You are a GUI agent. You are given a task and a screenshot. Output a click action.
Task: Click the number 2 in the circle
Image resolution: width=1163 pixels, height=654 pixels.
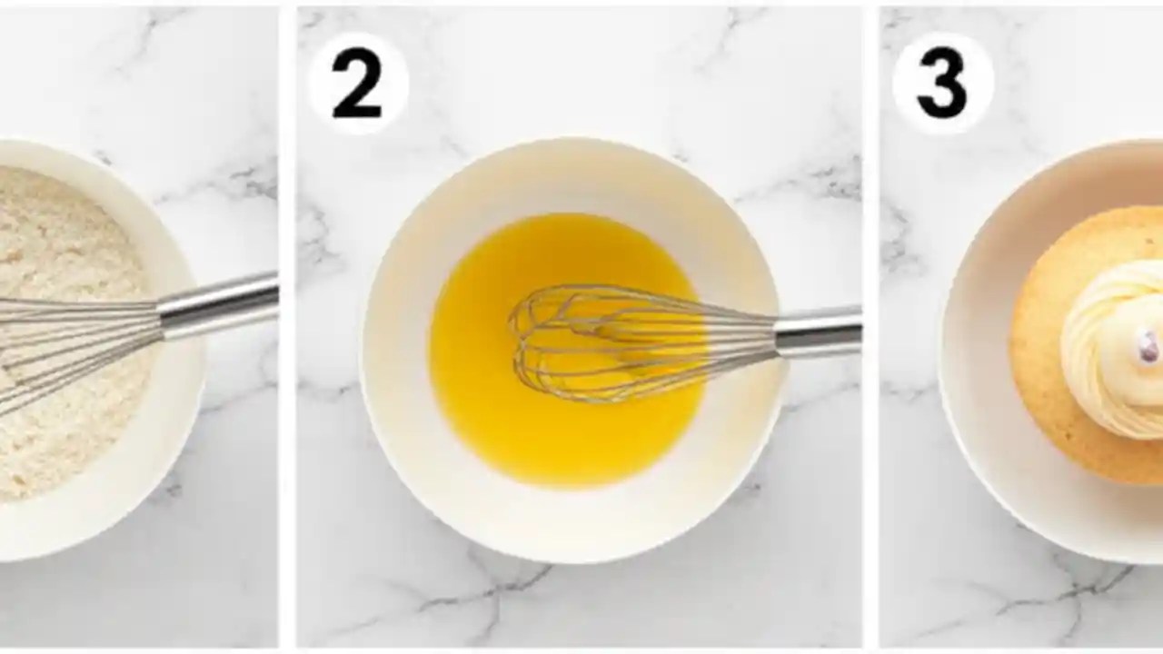(356, 85)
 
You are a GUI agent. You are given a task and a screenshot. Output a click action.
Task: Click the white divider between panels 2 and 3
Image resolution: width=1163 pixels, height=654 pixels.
(870, 363)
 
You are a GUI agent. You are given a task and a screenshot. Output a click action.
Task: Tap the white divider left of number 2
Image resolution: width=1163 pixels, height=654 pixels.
(287, 363)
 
